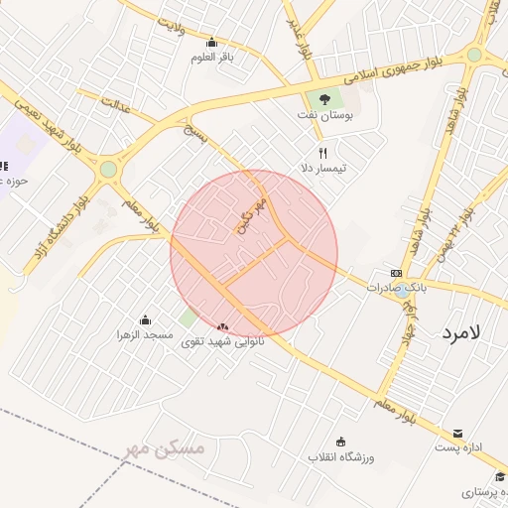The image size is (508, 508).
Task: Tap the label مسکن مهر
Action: click(165, 449)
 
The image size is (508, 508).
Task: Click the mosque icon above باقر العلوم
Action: click(211, 42)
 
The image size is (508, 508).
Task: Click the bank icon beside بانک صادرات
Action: click(397, 273)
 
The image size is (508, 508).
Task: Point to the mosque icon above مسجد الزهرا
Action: click(146, 319)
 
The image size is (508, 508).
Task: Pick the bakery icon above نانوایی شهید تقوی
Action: click(222, 325)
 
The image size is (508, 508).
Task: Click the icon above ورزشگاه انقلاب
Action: click(342, 442)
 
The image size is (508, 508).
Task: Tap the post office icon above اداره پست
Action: click(457, 433)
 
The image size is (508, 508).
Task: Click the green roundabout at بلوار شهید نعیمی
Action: click(108, 170)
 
